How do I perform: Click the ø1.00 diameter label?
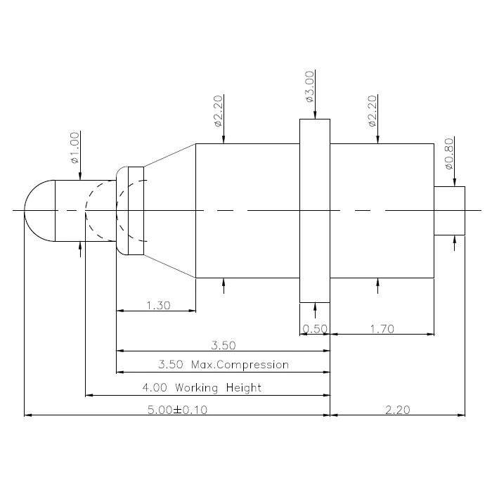point(75,148)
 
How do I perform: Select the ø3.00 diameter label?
point(309,86)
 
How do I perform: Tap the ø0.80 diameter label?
point(449,154)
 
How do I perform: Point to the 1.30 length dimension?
point(158,305)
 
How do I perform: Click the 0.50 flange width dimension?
point(315,329)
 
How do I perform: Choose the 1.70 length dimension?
point(382,329)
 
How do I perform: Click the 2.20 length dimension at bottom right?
point(398,410)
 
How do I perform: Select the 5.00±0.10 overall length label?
point(178,410)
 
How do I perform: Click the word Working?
point(196,388)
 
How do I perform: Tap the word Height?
point(244,387)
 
